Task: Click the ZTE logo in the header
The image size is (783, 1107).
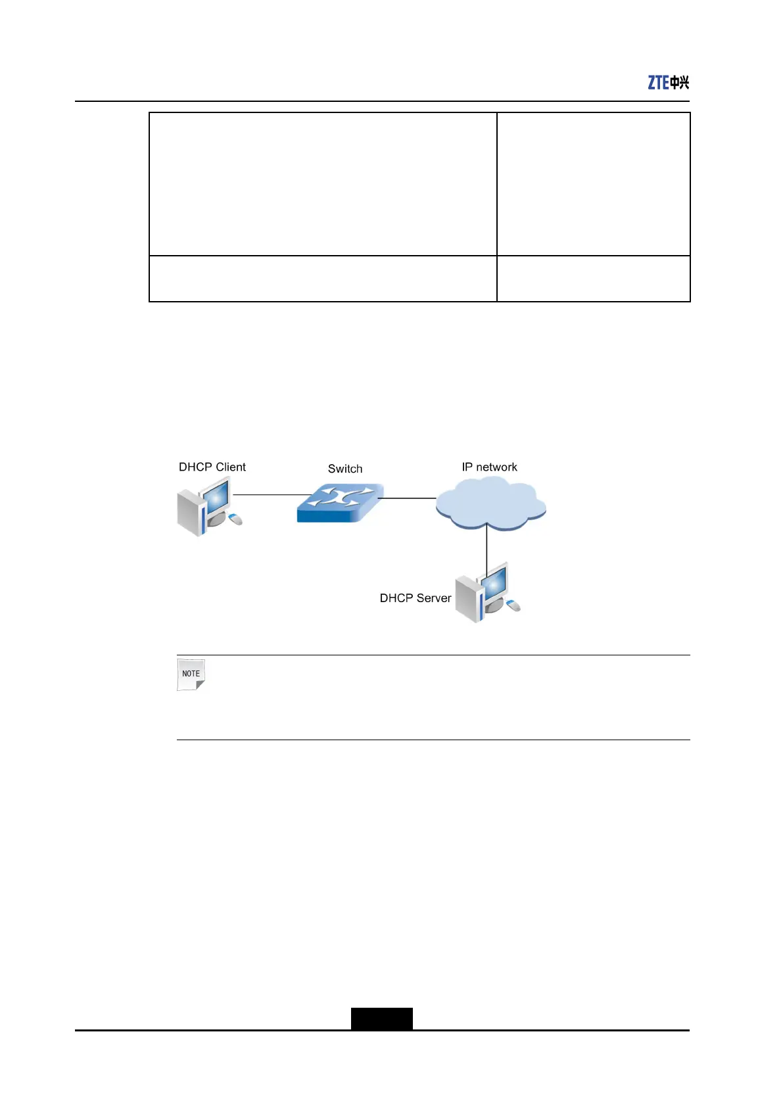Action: click(668, 82)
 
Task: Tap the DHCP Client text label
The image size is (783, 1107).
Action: click(212, 467)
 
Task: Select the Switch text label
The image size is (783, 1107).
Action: click(345, 469)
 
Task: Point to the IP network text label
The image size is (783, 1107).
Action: click(489, 467)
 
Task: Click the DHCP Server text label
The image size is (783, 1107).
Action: click(415, 598)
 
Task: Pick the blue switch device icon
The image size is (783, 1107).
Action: click(340, 503)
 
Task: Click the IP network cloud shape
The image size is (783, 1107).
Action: click(490, 504)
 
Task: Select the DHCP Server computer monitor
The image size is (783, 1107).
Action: click(494, 583)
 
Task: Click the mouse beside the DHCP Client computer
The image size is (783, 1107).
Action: click(235, 519)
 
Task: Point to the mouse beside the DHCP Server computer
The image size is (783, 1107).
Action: click(513, 605)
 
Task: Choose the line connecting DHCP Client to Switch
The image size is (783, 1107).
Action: click(272, 494)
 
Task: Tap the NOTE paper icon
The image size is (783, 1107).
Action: click(191, 674)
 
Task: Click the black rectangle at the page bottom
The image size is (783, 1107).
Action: click(381, 1018)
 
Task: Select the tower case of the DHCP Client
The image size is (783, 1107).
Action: click(189, 513)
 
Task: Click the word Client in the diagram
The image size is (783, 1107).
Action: click(231, 467)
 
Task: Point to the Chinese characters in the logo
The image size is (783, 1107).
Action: click(680, 82)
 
